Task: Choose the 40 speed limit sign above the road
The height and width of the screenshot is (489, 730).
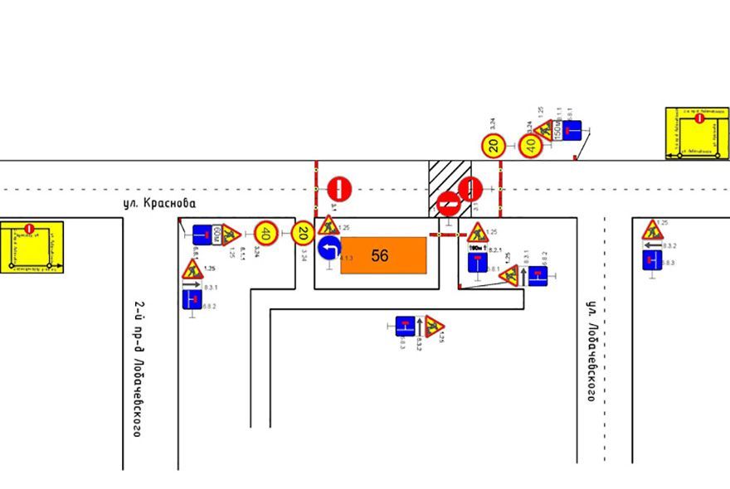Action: pos(531,146)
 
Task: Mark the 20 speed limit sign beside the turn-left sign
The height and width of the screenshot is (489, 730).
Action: pos(303,235)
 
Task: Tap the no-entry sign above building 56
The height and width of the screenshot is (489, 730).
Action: pos(340,188)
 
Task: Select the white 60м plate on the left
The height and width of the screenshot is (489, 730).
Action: pos(218,235)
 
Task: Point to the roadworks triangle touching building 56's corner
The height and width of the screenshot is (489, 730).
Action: pos(329,225)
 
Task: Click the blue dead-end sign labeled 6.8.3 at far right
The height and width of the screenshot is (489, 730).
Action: pos(652,259)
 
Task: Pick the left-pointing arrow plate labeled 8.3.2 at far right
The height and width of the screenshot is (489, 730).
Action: pos(653,245)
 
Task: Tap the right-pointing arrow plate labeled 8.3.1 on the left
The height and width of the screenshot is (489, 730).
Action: pos(192,283)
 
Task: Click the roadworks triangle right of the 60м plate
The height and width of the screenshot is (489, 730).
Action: pos(231,235)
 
